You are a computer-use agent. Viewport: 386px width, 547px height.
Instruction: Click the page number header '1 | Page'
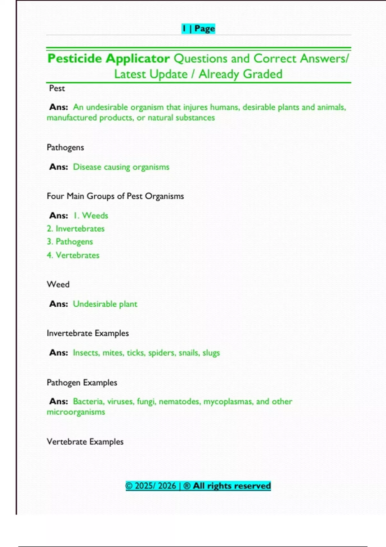198,29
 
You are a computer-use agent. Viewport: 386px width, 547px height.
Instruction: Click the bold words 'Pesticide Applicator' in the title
108,59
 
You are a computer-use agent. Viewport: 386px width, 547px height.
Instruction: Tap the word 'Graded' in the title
263,74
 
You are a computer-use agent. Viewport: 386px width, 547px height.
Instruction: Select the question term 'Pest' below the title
57,88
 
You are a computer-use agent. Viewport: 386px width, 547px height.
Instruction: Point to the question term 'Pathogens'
65,147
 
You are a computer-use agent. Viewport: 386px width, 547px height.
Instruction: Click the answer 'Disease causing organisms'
121,167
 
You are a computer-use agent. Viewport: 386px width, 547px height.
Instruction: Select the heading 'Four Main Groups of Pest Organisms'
115,196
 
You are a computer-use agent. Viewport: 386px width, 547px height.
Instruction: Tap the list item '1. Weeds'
91,216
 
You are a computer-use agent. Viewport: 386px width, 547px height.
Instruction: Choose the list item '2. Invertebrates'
76,229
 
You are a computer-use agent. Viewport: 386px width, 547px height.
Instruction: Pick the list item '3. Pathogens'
70,242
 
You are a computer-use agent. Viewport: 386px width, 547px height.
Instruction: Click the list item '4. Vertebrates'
73,255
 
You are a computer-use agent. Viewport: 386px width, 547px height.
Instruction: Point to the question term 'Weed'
58,284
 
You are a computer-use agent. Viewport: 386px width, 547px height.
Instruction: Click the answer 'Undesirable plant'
105,304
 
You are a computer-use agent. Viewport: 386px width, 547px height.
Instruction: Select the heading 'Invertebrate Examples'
87,333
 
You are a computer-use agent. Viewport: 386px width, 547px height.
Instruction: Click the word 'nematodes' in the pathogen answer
179,402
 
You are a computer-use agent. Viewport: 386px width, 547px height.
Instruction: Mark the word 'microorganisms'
76,412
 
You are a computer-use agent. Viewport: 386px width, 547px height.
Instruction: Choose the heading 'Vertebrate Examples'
85,442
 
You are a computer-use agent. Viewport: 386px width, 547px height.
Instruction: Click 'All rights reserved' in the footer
232,486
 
